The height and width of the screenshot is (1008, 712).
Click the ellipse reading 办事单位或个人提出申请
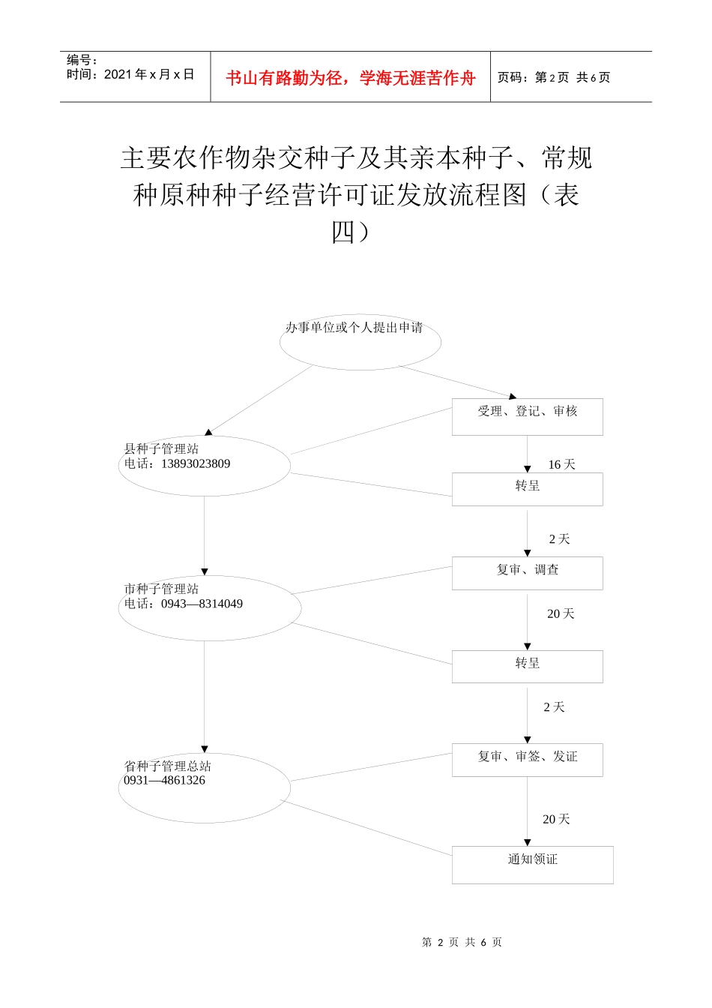pos(360,341)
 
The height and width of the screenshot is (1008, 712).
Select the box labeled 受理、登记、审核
pos(527,416)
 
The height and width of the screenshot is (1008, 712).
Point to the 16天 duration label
pos(561,465)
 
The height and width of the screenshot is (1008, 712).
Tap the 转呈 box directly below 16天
pos(527,489)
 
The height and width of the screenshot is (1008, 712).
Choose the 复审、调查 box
pos(527,573)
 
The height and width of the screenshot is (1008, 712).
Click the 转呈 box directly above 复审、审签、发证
pos(527,666)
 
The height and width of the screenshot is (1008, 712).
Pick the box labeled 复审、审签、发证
pos(527,760)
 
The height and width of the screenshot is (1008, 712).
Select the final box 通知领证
pos(532,864)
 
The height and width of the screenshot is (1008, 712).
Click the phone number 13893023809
pos(196,464)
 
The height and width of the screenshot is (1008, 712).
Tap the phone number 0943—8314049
pos(202,604)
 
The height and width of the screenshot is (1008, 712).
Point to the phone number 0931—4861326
pos(165,781)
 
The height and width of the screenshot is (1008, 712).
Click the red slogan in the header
pos(350,78)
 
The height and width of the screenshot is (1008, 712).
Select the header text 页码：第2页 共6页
pos(554,78)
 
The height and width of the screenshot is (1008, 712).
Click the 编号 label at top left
pos(82,60)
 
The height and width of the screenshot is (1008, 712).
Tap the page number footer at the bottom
pos(462,942)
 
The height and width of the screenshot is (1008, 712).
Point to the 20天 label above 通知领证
pos(556,820)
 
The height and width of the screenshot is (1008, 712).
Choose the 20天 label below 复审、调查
pos(561,614)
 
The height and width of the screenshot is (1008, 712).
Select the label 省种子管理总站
pos(168,766)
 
